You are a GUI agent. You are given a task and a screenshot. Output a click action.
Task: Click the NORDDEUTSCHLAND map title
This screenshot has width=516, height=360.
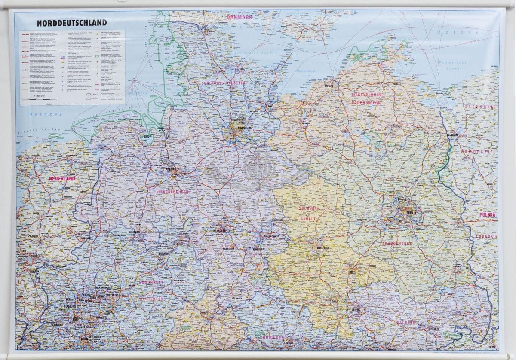72,23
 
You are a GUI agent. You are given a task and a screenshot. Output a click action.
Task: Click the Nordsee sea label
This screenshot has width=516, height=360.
40,114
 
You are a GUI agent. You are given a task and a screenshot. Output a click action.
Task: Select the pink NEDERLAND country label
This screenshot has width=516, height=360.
62,178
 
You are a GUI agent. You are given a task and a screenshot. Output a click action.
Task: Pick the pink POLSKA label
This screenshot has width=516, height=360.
487,214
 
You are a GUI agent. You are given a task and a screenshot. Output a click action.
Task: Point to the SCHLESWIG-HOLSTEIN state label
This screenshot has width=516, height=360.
222,83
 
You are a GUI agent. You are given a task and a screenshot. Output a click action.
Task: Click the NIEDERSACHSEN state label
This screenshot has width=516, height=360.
172,192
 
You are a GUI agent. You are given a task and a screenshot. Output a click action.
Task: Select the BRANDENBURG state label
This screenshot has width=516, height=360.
397,244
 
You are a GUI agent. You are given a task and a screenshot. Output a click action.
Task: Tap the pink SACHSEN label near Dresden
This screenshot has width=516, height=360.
406,322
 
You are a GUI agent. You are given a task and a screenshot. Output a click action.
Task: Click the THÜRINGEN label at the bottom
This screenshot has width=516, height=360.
272,338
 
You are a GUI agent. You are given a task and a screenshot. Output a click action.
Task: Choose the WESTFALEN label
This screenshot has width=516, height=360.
151,298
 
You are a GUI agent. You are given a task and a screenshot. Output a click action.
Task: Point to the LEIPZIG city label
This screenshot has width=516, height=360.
355,310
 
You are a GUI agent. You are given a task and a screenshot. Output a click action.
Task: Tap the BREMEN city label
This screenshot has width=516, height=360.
171,169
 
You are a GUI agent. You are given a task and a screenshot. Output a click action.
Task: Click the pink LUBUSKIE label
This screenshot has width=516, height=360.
486,237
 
